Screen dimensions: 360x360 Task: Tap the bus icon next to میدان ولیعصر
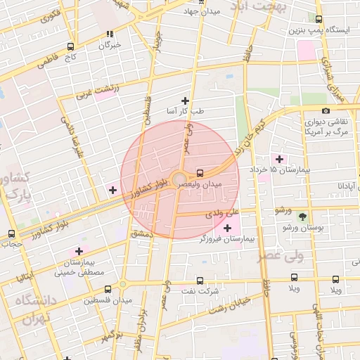[x=200, y=172]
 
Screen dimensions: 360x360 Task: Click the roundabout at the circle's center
[x=180, y=180]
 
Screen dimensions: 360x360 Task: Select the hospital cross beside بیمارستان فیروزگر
[x=226, y=228]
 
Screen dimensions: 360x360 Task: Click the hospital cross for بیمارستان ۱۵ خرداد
[x=280, y=158]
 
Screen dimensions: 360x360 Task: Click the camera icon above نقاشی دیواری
[x=326, y=110]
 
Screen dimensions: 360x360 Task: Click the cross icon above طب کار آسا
[x=185, y=100]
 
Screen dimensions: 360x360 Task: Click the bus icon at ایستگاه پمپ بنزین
[x=319, y=20]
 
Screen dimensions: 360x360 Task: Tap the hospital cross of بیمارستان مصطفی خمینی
[x=78, y=251]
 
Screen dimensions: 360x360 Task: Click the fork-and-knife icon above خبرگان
[x=109, y=34]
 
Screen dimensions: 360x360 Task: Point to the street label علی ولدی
[x=226, y=212]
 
